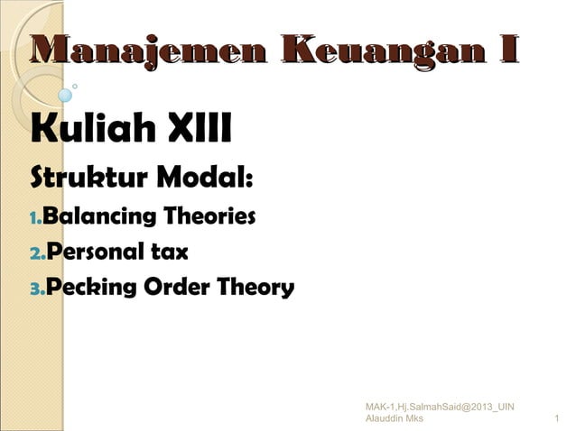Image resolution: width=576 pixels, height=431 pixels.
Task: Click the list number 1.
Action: tap(35, 219)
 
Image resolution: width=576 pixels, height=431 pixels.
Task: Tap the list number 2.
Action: tap(36, 254)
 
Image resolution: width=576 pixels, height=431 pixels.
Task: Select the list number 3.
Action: tap(36, 290)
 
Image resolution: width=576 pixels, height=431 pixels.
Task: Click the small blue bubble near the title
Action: tap(65, 95)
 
